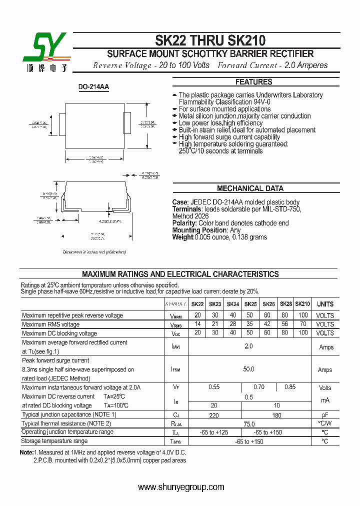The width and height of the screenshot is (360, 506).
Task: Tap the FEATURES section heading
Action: (x=254, y=82)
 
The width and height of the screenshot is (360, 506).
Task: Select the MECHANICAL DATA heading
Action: (x=250, y=188)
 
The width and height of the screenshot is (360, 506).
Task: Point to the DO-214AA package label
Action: (x=93, y=87)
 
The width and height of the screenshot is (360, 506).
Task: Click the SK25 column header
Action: (x=250, y=304)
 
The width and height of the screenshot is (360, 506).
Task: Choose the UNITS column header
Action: (x=325, y=304)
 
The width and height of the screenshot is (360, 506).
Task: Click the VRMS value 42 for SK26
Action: (x=267, y=324)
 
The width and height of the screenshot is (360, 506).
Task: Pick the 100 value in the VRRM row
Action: (x=303, y=315)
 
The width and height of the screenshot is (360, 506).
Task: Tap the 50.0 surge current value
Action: (x=248, y=369)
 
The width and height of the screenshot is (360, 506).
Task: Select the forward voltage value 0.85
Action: (x=290, y=387)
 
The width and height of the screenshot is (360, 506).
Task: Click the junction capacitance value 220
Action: (x=214, y=415)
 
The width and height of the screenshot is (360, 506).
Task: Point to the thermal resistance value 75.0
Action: (x=248, y=423)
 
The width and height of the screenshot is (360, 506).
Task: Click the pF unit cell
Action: (x=325, y=415)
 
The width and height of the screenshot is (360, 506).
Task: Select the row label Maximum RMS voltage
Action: (x=51, y=324)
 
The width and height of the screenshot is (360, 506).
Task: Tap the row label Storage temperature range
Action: (x=54, y=441)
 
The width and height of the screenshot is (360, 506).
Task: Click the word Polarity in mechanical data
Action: (x=184, y=223)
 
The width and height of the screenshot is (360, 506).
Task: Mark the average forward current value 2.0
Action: (x=248, y=346)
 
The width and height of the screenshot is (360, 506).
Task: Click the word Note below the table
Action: (x=26, y=452)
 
